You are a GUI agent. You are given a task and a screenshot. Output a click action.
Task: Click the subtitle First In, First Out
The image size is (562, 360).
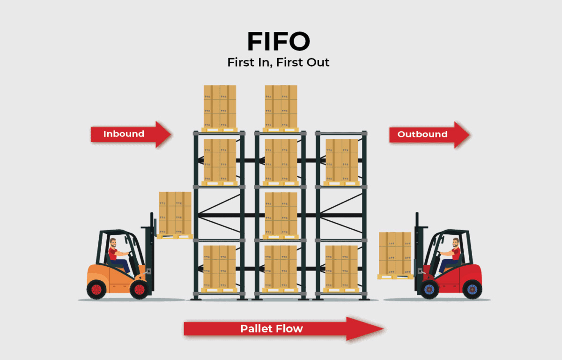(278, 62)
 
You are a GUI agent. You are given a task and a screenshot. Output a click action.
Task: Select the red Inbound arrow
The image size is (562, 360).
(131, 134)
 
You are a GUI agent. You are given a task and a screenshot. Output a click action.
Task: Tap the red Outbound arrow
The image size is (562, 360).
(429, 135)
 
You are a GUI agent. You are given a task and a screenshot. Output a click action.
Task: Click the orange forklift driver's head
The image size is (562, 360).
(113, 243)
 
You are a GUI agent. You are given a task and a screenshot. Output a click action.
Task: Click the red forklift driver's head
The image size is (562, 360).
(456, 243)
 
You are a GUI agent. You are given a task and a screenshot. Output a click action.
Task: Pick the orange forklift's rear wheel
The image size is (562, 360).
(96, 289)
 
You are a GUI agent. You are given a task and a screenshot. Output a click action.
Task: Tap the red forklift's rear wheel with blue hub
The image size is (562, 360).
(472, 289)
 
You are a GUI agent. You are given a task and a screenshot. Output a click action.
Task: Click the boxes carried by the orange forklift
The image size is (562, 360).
(175, 213)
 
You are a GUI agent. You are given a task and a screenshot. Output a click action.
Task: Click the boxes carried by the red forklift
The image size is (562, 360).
(395, 254)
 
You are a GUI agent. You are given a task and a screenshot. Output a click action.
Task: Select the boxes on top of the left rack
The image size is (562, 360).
(220, 106)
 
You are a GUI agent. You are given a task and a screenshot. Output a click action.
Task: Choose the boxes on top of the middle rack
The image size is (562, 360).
(281, 106)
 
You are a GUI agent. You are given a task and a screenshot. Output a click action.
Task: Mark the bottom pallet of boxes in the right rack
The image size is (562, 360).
(341, 267)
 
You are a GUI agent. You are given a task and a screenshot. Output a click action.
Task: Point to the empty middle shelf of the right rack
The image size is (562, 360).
(341, 213)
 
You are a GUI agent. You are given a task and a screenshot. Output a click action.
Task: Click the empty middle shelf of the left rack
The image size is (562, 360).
(220, 213)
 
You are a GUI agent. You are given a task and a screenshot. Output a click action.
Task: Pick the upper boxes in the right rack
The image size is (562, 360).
(341, 160)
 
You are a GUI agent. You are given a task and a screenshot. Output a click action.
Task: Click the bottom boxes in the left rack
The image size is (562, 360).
(220, 267)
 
